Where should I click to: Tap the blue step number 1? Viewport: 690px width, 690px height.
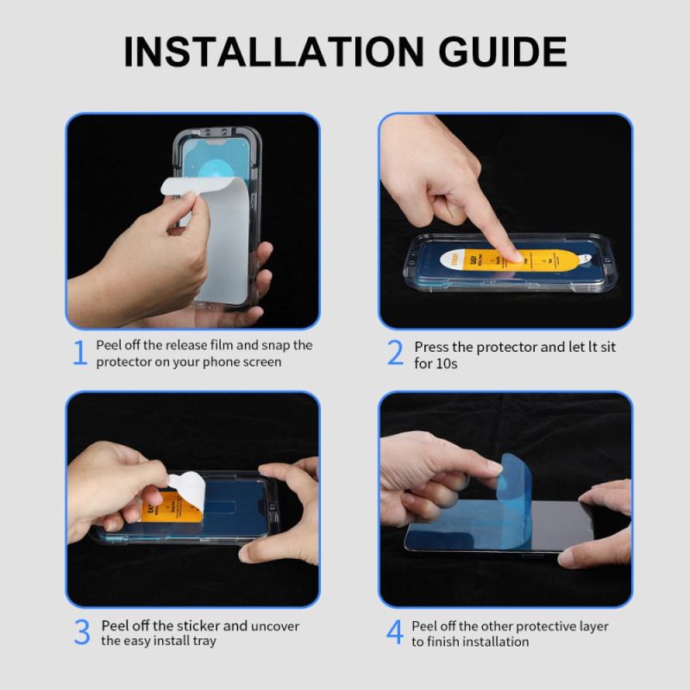80,354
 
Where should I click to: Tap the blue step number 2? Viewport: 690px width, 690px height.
395,354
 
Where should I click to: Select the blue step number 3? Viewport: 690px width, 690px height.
82,632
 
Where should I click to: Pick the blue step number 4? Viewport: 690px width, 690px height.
394,632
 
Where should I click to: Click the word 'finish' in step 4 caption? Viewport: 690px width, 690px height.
444,642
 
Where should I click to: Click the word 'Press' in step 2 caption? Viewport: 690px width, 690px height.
430,347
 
